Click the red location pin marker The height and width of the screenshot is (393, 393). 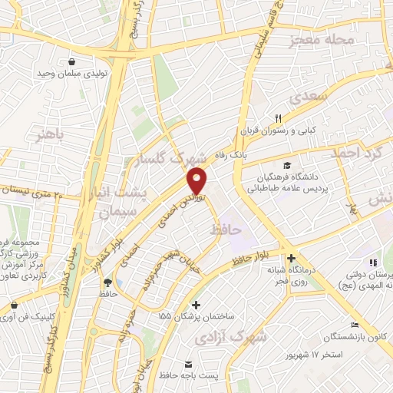point(197,180)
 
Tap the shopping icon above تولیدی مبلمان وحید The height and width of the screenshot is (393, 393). point(71,62)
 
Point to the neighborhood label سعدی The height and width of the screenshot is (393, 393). point(309,95)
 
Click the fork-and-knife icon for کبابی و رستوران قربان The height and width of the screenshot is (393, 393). point(279,117)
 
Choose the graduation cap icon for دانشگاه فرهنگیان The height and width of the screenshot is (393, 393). point(287,165)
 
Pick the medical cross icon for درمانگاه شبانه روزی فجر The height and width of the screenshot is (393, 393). point(290,259)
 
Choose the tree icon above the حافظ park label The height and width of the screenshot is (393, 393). point(107,282)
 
